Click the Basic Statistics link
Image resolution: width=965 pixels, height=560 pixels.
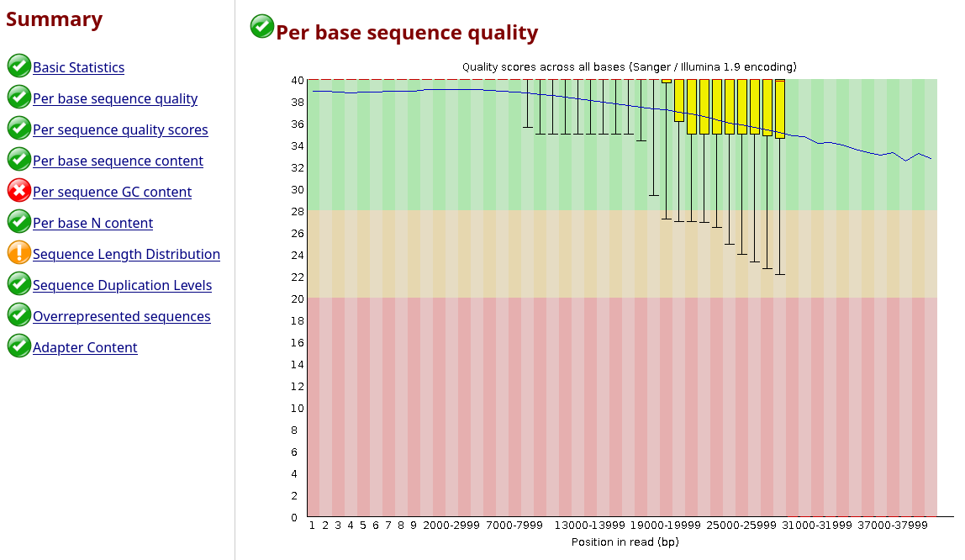pos(78,67)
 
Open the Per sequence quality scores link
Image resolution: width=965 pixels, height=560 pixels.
pos(120,129)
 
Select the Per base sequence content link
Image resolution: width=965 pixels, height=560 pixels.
pos(118,161)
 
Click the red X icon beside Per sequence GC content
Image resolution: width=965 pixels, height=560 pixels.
pos(19,191)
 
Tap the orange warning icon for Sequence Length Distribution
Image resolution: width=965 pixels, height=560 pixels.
pos(19,253)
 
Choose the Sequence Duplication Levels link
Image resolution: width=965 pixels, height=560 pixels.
pos(122,285)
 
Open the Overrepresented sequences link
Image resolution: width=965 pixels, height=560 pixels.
pos(121,316)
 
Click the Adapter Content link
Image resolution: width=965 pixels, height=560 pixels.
pos(85,347)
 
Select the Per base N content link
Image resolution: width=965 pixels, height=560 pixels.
pos(92,223)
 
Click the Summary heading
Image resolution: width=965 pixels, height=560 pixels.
pos(54,19)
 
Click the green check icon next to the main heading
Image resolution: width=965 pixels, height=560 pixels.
pos(262,27)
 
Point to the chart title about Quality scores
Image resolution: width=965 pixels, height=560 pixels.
pos(629,66)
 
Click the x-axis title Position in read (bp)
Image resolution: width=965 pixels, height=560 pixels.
pos(625,542)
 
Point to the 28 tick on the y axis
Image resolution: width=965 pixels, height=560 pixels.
pos(297,211)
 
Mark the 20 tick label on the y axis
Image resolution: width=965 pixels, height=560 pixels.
pos(297,298)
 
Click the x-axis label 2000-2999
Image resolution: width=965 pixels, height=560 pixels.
pos(451,526)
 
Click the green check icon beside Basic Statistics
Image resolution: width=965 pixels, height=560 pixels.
pos(19,66)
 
